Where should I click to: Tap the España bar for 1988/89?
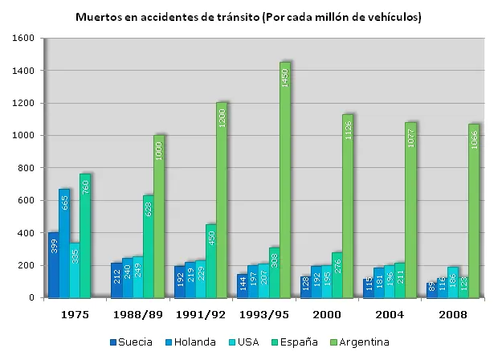(x=148, y=247)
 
